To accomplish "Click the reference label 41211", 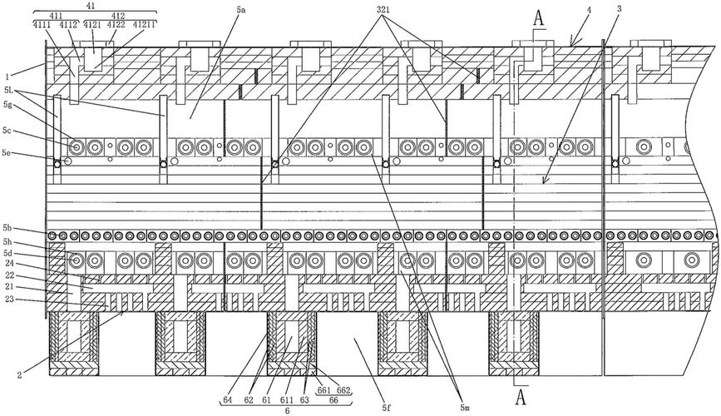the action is [x=145, y=25].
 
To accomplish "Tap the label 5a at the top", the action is [x=242, y=10].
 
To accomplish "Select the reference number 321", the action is [x=384, y=9].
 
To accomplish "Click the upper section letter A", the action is [x=540, y=18].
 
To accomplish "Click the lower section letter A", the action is [x=521, y=397].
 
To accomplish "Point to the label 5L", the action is [x=8, y=91].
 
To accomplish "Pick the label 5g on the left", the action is [x=7, y=105].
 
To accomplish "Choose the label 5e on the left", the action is [x=7, y=152].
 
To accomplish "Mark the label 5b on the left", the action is [x=7, y=227].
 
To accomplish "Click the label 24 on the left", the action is [x=9, y=264].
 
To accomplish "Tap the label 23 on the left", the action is [x=9, y=300].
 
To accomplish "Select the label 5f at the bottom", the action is [x=385, y=407].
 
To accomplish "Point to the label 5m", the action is [x=464, y=407].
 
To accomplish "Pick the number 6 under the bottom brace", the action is [x=288, y=411].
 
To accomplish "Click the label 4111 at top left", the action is [x=42, y=25].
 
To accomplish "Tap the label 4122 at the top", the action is [x=116, y=25].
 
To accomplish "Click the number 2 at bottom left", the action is [x=19, y=375].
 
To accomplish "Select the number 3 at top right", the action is [x=620, y=9].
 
